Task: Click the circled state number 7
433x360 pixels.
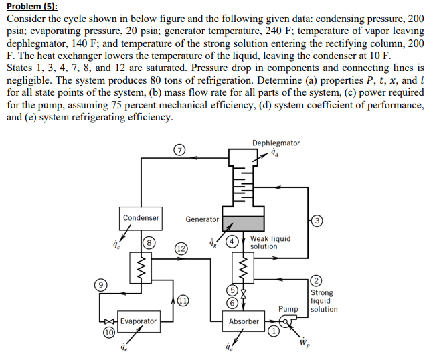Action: tap(179, 150)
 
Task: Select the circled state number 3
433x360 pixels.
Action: tap(317, 221)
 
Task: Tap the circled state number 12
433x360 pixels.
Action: tap(181, 248)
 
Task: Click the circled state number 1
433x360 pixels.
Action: tap(273, 329)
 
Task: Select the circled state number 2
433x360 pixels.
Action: tap(317, 280)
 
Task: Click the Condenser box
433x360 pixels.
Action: tap(141, 217)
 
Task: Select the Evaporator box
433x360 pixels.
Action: tap(139, 321)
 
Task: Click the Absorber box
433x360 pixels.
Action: tap(244, 321)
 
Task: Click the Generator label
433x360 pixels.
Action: tap(202, 219)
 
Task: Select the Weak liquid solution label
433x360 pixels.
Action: tap(270, 242)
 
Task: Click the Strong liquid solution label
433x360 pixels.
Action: tap(324, 301)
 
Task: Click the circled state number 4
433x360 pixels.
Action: tap(231, 240)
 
